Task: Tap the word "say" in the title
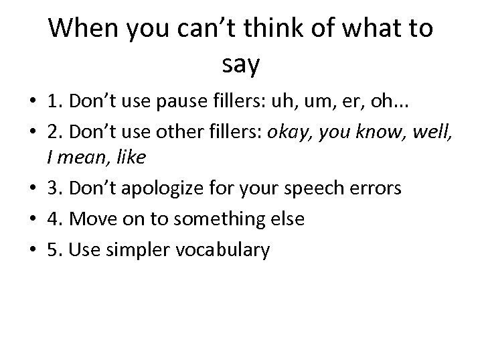pos(240,65)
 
